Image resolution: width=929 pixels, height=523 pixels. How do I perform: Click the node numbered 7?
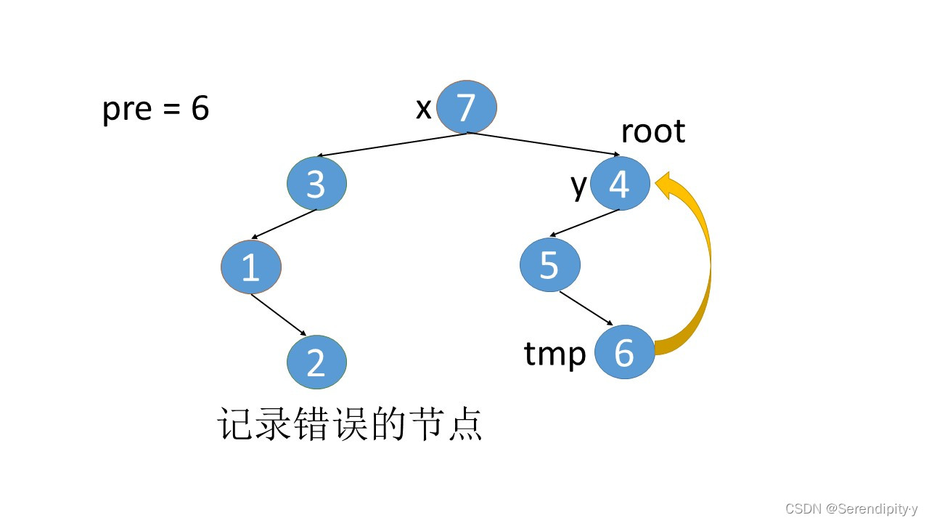[x=466, y=107]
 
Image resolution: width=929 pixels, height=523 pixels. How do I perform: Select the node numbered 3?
[x=316, y=184]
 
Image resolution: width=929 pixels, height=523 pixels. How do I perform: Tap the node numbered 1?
[x=250, y=267]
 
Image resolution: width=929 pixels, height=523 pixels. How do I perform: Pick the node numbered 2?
[x=316, y=362]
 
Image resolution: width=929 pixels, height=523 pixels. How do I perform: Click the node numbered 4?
[x=619, y=184]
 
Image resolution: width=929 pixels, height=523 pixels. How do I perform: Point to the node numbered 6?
[x=624, y=352]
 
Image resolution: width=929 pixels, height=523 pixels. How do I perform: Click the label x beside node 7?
[x=423, y=109]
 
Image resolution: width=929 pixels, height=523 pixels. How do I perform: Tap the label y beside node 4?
[x=578, y=185]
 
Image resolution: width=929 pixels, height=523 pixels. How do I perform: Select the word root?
[x=652, y=131]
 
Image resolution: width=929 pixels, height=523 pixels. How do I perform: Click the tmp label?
[x=554, y=354]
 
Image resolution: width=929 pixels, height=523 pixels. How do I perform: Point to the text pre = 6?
[x=155, y=109]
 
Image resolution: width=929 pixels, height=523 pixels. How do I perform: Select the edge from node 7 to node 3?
[x=392, y=145]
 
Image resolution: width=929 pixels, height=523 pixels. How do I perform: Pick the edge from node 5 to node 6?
[x=586, y=308]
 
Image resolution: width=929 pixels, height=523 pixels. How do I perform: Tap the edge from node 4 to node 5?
[x=584, y=224]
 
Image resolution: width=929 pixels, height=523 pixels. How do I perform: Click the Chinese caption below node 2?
[x=350, y=425]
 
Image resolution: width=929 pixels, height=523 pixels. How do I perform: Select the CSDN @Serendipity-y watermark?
[x=851, y=509]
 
